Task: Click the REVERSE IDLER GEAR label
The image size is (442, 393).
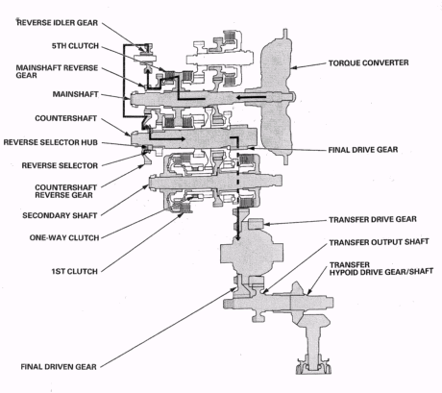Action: point(58,23)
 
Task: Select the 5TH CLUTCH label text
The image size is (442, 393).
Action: point(75,46)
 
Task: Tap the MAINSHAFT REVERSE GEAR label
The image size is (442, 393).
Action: point(57,72)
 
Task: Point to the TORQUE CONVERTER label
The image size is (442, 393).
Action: point(368,62)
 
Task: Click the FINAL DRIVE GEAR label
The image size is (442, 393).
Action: point(363,150)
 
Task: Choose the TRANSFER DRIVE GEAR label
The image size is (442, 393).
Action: point(373,219)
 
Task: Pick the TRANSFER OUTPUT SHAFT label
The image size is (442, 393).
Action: point(379,242)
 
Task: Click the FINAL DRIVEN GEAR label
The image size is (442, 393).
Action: point(59,367)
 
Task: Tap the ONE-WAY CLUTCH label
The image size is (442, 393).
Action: point(64,237)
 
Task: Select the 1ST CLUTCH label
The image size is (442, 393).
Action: point(75,272)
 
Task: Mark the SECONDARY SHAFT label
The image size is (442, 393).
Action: point(60,215)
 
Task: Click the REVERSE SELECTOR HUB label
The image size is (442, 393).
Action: point(51,142)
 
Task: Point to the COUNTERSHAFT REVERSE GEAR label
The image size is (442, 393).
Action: point(65,191)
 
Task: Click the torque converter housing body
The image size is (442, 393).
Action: point(276,96)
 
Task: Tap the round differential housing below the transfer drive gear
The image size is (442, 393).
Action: point(252,253)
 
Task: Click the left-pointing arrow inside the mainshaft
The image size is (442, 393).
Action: point(252,97)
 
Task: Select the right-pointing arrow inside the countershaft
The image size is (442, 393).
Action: point(166,137)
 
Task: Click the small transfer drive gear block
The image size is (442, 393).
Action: point(256,224)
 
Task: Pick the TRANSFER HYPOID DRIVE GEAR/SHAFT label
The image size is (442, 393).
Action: point(381,268)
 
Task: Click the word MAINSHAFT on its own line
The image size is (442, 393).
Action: point(75,94)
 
